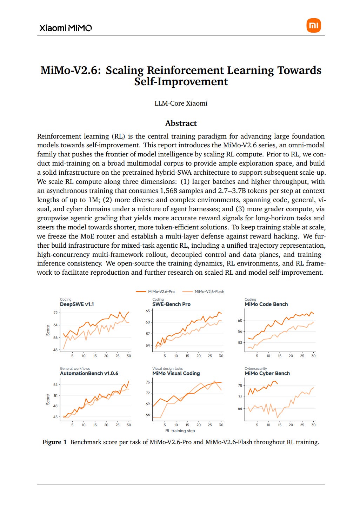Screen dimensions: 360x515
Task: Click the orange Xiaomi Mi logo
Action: coord(313,25)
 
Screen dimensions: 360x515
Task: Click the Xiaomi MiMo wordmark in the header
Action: coord(66,28)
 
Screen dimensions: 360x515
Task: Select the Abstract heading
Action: coord(181,123)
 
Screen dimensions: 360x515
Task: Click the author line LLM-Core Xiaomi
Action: coord(181,103)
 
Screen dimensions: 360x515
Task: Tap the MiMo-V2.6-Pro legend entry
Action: coord(155,292)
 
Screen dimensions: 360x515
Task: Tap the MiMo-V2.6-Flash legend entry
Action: coord(203,292)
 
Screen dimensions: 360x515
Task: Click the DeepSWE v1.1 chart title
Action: coord(77,304)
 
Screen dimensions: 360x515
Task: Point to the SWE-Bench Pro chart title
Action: coord(171,304)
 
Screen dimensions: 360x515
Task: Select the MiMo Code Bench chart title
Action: coord(266,304)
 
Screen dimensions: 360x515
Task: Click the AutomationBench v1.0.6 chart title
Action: coord(89,373)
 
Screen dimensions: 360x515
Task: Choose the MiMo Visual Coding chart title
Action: coord(176,373)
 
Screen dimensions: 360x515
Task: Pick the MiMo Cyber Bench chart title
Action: coord(267,373)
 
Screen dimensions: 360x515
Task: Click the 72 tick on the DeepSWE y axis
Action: coord(55,313)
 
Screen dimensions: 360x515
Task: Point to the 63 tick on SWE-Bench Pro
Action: coord(148,311)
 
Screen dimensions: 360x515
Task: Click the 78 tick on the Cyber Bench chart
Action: coord(240,385)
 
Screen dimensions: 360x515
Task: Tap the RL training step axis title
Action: coord(180,430)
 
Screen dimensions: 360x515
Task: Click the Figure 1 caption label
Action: coord(54,442)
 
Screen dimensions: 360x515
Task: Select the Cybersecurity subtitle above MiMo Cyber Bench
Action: coord(256,368)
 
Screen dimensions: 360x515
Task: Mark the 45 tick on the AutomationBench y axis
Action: coord(55,417)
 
